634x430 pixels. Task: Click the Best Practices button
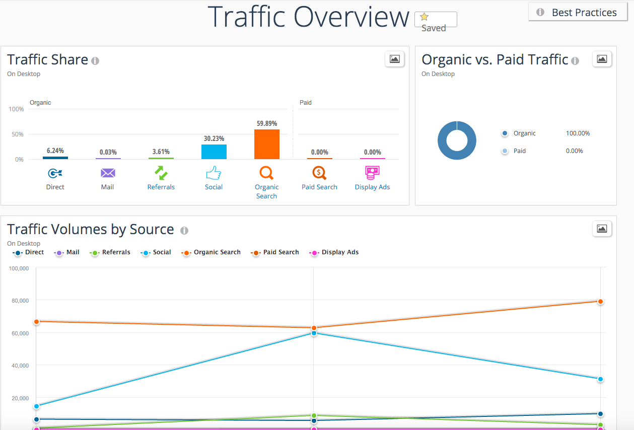(577, 13)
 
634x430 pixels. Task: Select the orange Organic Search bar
(266, 145)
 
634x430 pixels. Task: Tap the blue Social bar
(214, 152)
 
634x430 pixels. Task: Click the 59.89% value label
(266, 123)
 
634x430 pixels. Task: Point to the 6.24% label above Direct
(55, 151)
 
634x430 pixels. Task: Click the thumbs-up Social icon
(214, 174)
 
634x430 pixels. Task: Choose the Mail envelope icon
(108, 173)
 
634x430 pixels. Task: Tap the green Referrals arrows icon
(161, 173)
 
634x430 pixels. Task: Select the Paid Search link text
(319, 187)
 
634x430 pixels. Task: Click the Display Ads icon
(372, 173)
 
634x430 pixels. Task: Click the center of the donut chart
(457, 141)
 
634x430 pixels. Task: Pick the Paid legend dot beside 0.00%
(505, 151)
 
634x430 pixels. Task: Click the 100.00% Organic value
(578, 133)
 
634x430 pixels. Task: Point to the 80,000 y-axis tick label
(19, 301)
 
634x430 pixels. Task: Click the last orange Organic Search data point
(600, 301)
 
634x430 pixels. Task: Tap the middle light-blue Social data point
(314, 333)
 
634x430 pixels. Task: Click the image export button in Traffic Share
(394, 59)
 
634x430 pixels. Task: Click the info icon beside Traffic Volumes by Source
(184, 231)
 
